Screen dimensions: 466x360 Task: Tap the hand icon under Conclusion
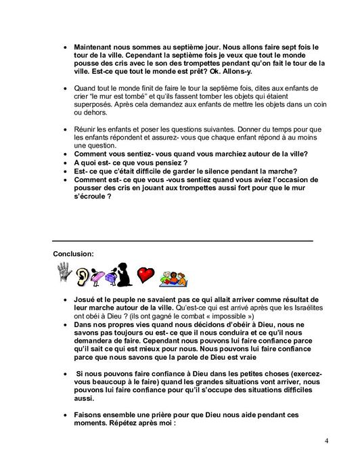(64, 274)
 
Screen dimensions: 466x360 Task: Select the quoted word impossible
(231, 316)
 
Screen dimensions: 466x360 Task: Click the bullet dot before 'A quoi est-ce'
(65, 163)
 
